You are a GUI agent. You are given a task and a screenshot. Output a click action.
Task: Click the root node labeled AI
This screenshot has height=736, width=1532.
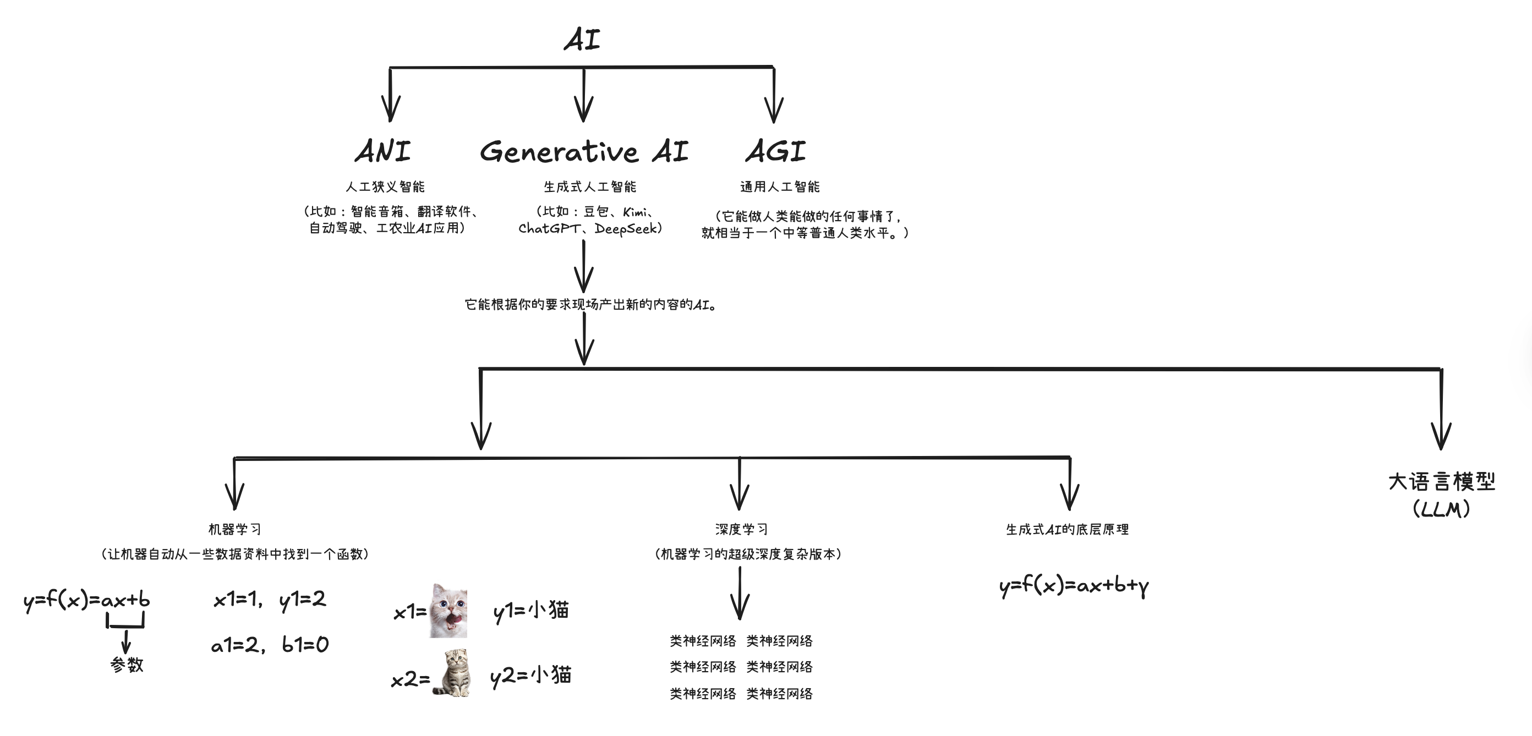pyautogui.click(x=582, y=39)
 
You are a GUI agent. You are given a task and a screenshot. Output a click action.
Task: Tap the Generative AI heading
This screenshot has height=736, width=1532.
pyautogui.click(x=584, y=151)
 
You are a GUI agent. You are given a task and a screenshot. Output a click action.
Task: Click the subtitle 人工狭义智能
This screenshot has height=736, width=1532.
pyautogui.click(x=385, y=186)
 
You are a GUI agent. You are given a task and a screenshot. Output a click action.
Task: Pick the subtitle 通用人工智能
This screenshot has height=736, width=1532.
pyautogui.click(x=780, y=186)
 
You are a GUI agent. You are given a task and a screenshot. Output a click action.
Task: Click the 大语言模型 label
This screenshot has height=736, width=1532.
pyautogui.click(x=1442, y=481)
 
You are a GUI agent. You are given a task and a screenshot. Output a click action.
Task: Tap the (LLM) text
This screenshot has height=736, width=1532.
pyautogui.click(x=1442, y=509)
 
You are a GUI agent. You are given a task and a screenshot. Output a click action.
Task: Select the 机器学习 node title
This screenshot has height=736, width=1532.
pyautogui.click(x=235, y=529)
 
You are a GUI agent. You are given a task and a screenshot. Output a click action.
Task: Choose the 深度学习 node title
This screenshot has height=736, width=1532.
pyautogui.click(x=741, y=529)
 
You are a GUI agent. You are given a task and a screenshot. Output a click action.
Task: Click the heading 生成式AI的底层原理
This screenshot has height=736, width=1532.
pyautogui.click(x=1068, y=529)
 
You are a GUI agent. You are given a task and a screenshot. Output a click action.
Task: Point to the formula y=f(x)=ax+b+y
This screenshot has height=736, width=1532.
pyautogui.click(x=1074, y=586)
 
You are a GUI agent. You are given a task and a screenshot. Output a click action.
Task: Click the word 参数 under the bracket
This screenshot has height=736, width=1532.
pyautogui.click(x=127, y=664)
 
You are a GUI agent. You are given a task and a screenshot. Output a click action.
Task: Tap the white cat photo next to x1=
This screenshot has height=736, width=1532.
pyautogui.click(x=448, y=611)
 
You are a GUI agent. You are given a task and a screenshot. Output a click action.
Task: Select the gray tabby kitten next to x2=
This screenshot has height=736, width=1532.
pyautogui.click(x=452, y=673)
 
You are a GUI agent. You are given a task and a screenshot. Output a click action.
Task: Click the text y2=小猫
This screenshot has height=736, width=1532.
pyautogui.click(x=531, y=676)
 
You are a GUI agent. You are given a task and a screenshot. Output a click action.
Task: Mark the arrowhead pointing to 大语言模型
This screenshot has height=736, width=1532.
pyautogui.click(x=1441, y=436)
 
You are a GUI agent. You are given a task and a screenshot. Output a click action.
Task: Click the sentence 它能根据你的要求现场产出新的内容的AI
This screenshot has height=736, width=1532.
pyautogui.click(x=591, y=304)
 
